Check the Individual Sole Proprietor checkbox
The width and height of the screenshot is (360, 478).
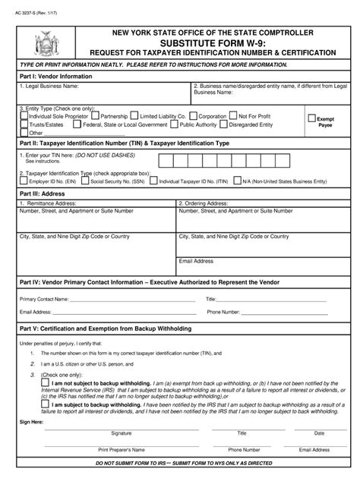(x=24, y=116)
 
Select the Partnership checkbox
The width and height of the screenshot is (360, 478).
(x=96, y=116)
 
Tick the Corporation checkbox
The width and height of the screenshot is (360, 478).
(x=194, y=116)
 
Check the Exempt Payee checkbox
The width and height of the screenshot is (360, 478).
(x=311, y=118)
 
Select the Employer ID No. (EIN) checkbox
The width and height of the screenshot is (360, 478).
(x=23, y=182)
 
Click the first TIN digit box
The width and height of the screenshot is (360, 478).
(x=164, y=161)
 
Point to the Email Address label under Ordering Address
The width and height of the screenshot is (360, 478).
(x=196, y=260)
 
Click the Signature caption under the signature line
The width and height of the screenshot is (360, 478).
(x=122, y=433)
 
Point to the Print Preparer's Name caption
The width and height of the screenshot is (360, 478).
(x=122, y=450)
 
